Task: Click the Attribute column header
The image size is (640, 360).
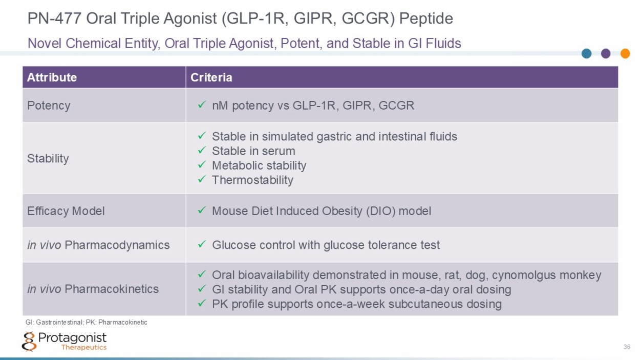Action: point(52,77)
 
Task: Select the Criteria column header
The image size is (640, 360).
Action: point(211,77)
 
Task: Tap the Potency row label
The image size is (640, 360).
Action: point(49,105)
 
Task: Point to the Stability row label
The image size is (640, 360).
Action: point(48,158)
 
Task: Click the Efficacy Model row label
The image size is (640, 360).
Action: point(66,211)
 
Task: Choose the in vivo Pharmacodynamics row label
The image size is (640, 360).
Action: point(98,245)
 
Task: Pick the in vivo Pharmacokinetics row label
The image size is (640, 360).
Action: point(93,289)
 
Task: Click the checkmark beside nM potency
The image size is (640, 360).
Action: point(202,104)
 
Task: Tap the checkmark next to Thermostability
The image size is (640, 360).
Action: point(202,179)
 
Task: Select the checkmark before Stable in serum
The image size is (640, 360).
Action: point(202,150)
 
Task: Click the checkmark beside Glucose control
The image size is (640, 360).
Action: point(202,244)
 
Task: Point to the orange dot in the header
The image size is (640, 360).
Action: point(625,53)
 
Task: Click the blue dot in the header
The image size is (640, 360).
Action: point(587,53)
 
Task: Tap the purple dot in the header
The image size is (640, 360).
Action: point(606,53)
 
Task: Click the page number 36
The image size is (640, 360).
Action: point(627,347)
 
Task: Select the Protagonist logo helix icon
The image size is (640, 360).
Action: point(29,342)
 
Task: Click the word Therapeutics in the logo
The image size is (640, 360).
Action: point(84,347)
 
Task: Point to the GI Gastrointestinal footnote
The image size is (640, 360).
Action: point(87,322)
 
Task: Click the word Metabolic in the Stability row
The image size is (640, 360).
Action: point(237,165)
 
